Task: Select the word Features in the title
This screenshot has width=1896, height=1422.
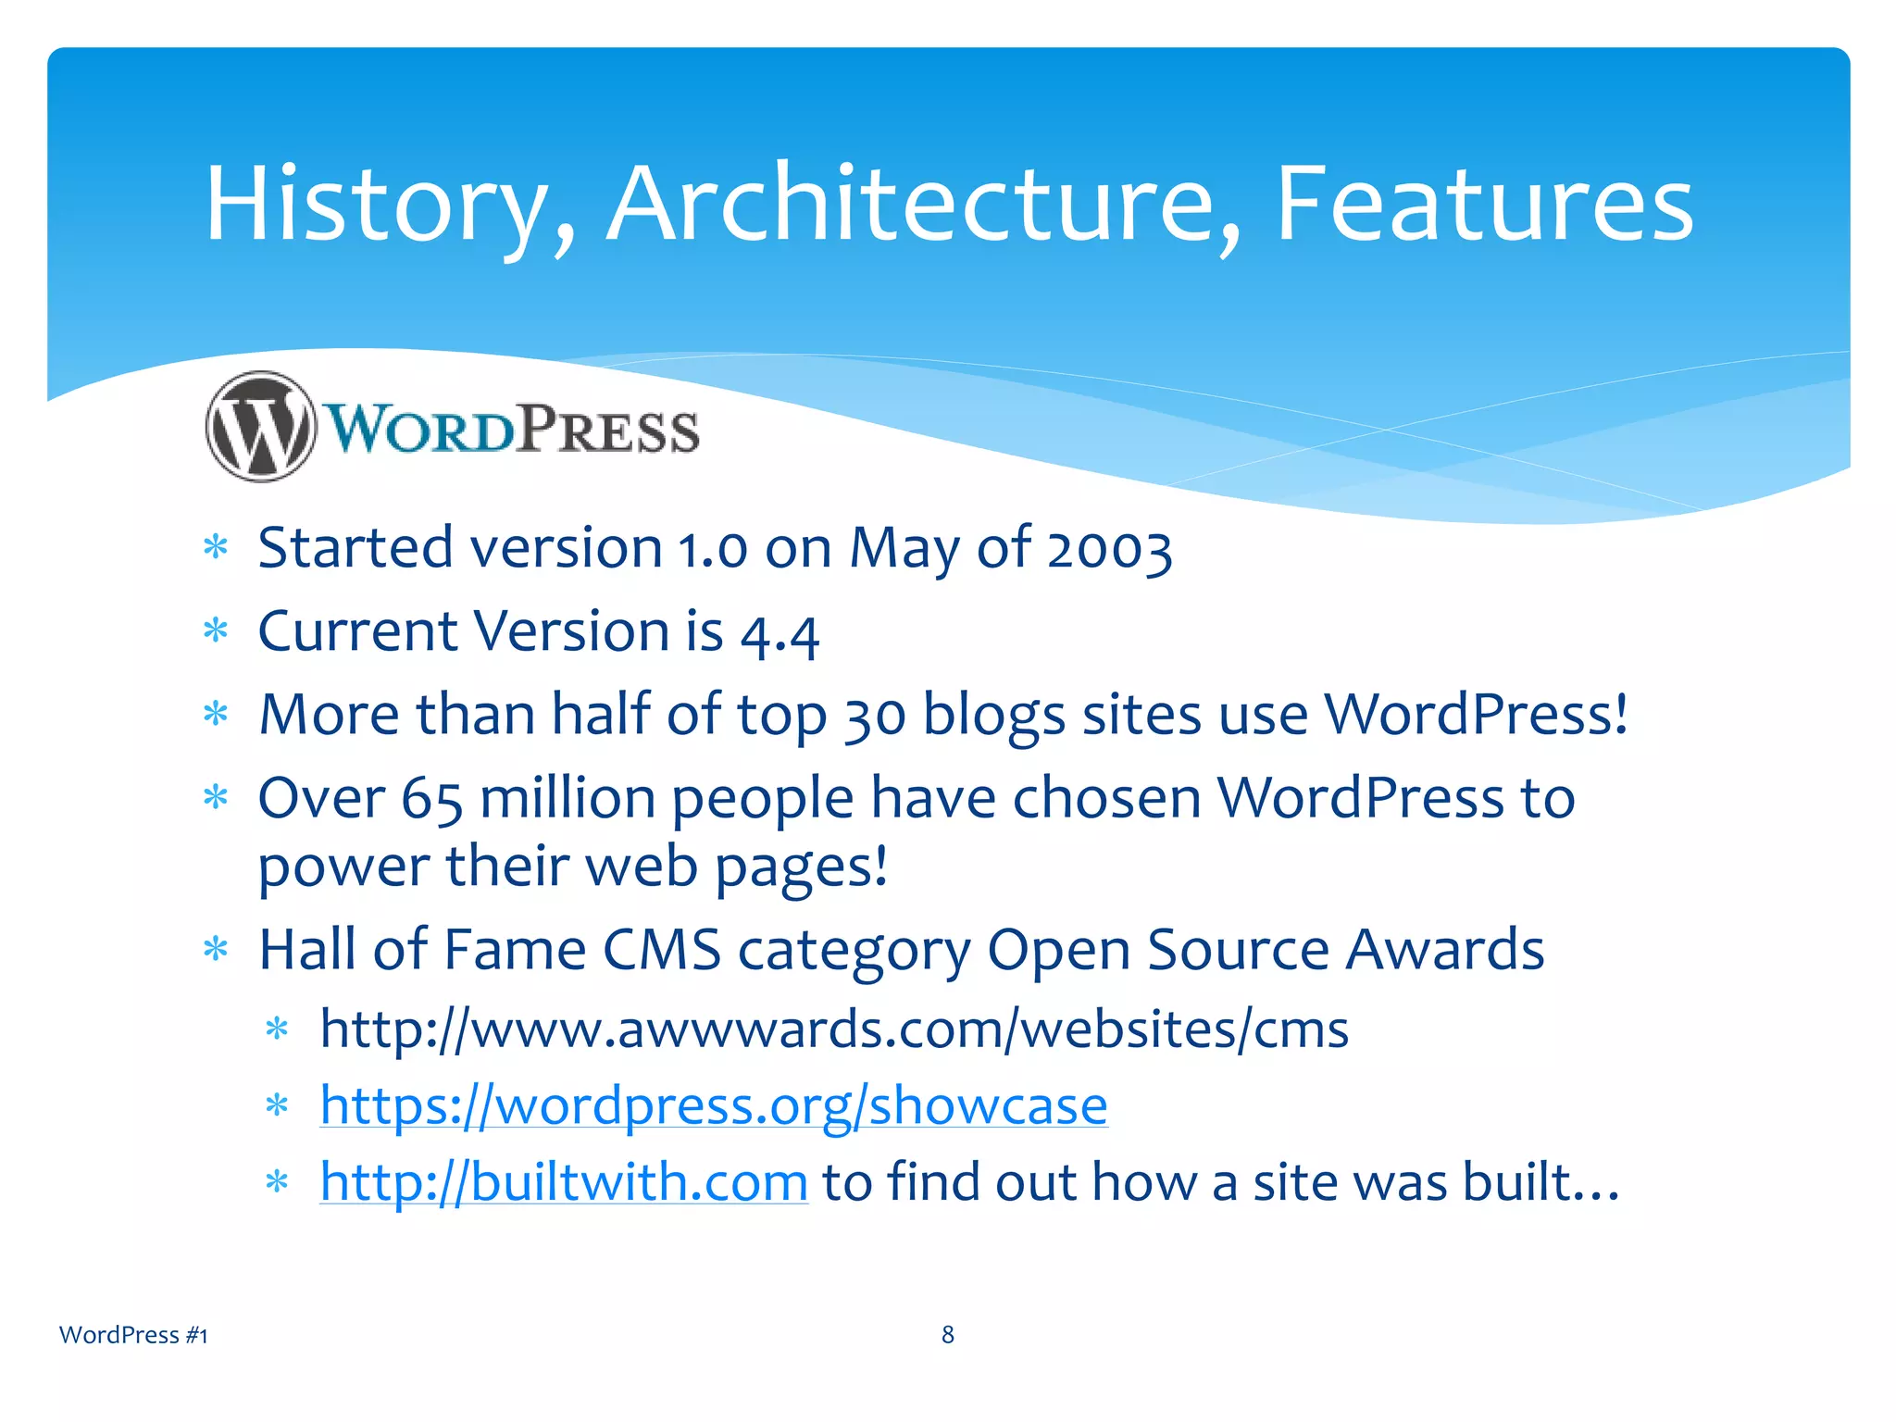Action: tap(1484, 206)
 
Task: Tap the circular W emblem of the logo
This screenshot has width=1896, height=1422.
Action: tap(261, 427)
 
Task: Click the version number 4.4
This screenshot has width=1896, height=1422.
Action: tap(780, 634)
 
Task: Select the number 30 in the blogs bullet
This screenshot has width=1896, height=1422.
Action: tap(874, 717)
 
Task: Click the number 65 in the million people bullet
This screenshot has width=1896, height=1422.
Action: tap(431, 800)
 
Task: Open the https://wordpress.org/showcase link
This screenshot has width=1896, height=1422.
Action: tap(713, 1105)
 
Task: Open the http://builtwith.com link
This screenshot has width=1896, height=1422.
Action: tap(564, 1182)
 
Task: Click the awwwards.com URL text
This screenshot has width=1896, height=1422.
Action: tap(833, 1029)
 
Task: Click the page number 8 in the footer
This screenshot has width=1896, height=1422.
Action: tap(948, 1334)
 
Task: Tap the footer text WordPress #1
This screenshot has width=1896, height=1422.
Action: tap(133, 1335)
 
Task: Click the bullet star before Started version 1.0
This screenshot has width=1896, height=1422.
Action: tap(216, 547)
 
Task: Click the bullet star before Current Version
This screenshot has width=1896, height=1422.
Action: tap(216, 631)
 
